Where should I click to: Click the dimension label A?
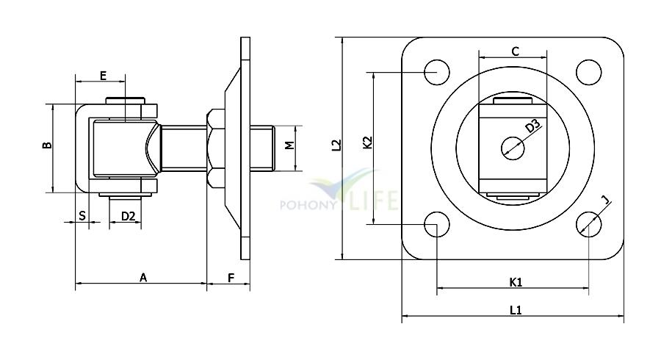(x=143, y=278)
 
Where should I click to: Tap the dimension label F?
(x=231, y=278)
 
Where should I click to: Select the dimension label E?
(x=103, y=76)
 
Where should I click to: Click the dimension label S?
(x=82, y=216)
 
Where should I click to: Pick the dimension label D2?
(x=128, y=216)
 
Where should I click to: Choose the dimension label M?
(x=289, y=145)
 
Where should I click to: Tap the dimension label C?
(x=515, y=51)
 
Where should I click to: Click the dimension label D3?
(x=532, y=126)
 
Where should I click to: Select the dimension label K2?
(x=368, y=143)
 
